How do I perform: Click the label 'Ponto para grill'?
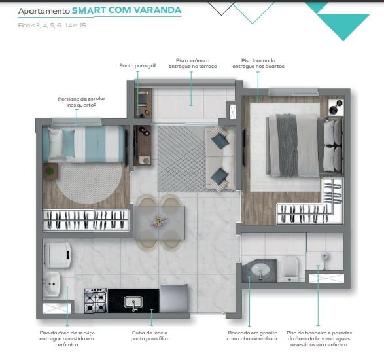click(x=137, y=65)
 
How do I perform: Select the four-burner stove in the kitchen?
click(x=96, y=300)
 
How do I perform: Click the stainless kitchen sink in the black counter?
click(x=133, y=302)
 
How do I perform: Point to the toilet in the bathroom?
click(x=290, y=269)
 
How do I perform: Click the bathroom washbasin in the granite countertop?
click(x=260, y=270)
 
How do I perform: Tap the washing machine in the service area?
click(x=58, y=255)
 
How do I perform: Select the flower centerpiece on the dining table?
click(x=159, y=221)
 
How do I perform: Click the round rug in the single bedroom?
click(x=89, y=183)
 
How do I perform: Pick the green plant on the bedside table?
click(x=50, y=171)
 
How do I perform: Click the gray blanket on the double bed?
click(x=287, y=145)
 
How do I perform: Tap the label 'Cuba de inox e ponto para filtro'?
click(x=149, y=336)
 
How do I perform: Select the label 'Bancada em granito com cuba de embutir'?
click(x=253, y=336)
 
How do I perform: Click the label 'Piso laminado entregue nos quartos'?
click(x=258, y=63)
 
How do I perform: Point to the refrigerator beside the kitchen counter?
click(x=174, y=298)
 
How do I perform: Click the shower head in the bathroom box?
click(x=324, y=257)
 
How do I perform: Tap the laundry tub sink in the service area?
click(x=52, y=284)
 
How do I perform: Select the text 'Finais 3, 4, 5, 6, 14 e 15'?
click(x=52, y=26)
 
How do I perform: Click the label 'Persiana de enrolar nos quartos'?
click(x=82, y=101)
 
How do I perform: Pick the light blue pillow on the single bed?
click(x=68, y=143)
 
